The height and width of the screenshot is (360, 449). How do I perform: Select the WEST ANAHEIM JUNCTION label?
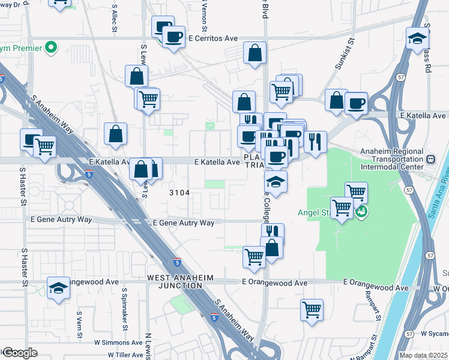(x=175, y=281)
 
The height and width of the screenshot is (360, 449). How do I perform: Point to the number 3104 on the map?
(x=179, y=193)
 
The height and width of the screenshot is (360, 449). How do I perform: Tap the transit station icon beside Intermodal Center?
(x=430, y=160)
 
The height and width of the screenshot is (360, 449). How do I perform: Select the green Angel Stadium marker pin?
(x=361, y=211)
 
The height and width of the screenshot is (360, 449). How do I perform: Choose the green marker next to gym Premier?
(x=52, y=47)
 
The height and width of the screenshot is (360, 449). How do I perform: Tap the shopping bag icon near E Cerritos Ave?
(x=255, y=52)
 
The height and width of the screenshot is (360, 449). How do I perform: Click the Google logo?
(x=19, y=353)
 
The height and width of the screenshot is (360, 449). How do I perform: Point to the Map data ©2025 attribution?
(x=424, y=355)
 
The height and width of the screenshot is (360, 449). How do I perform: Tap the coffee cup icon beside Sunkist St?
(x=356, y=103)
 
